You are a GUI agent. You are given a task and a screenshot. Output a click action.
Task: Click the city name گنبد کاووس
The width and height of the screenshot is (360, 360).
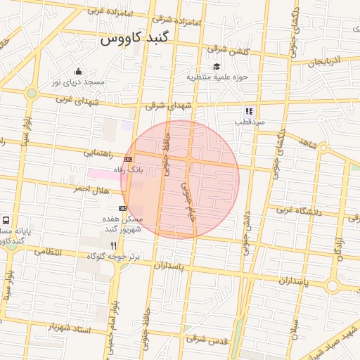[x=135, y=39]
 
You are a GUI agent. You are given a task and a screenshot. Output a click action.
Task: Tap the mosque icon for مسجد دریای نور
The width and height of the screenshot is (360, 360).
[x=78, y=71]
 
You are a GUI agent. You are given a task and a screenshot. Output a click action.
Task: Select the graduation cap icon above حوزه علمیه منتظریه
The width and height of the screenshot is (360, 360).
[x=216, y=66]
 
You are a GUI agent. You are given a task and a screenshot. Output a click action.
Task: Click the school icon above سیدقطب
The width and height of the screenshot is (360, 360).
[x=248, y=110]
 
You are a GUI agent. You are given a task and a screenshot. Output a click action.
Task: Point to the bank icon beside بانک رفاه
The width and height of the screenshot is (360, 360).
[x=128, y=160]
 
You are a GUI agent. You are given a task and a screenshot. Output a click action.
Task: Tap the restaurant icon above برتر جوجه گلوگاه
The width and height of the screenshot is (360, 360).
[x=113, y=245]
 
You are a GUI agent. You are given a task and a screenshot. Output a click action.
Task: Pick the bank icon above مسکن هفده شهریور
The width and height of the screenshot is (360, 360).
[x=123, y=208]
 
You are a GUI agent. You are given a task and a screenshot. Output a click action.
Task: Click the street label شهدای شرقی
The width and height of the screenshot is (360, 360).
[x=169, y=106]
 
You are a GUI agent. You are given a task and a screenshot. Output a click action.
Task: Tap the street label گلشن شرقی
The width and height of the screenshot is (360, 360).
[x=227, y=50]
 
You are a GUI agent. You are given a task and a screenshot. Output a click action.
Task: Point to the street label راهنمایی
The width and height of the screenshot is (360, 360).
[x=98, y=152]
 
